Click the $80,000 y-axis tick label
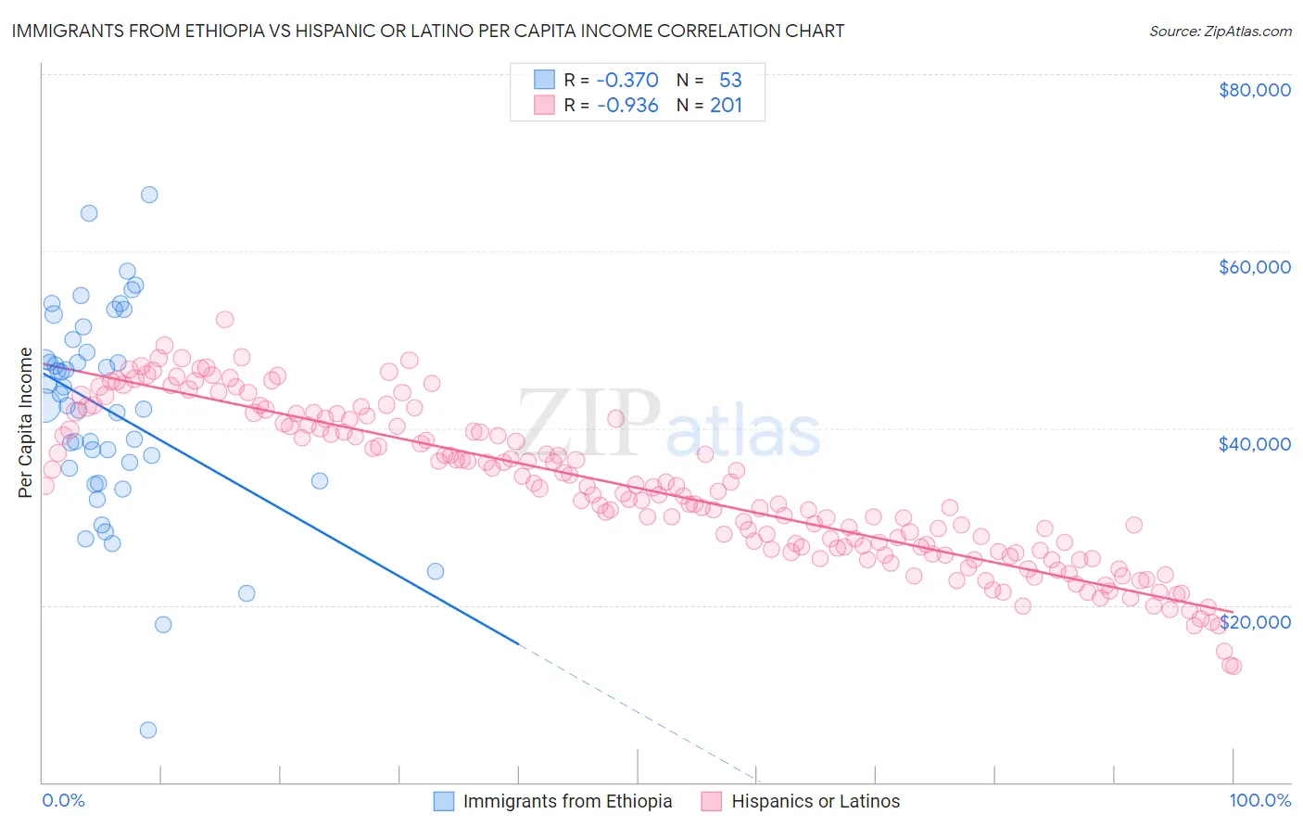point(1254,90)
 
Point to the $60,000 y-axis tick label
point(1254,267)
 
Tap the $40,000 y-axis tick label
point(1254,444)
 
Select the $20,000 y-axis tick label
point(1254,621)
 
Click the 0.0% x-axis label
point(63,800)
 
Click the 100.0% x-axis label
point(1259,800)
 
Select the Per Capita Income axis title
point(26,423)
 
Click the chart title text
point(427,31)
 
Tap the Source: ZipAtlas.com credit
point(1220,31)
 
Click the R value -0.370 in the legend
point(627,80)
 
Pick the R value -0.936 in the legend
point(627,105)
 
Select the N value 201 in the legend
point(726,105)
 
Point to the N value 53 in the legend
point(730,80)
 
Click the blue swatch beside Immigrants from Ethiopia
point(444,801)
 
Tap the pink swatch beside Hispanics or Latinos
point(711,801)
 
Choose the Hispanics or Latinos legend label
point(816,801)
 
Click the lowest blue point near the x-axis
point(147,730)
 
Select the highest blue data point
point(149,195)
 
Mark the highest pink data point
point(224,319)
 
